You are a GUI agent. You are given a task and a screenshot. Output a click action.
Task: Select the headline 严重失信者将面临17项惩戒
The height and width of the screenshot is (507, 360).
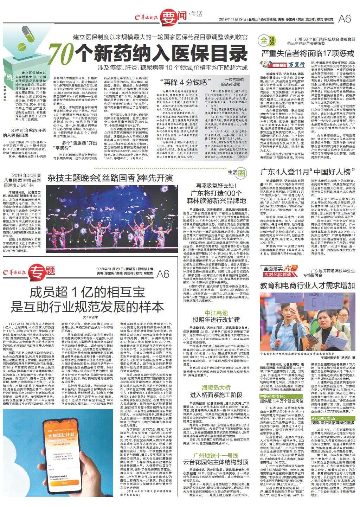pos(307,54)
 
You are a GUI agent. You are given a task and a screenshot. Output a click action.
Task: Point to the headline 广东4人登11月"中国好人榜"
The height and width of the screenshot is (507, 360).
pos(305,172)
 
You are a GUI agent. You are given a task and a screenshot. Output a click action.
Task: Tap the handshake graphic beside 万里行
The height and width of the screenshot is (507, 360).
pos(269,64)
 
